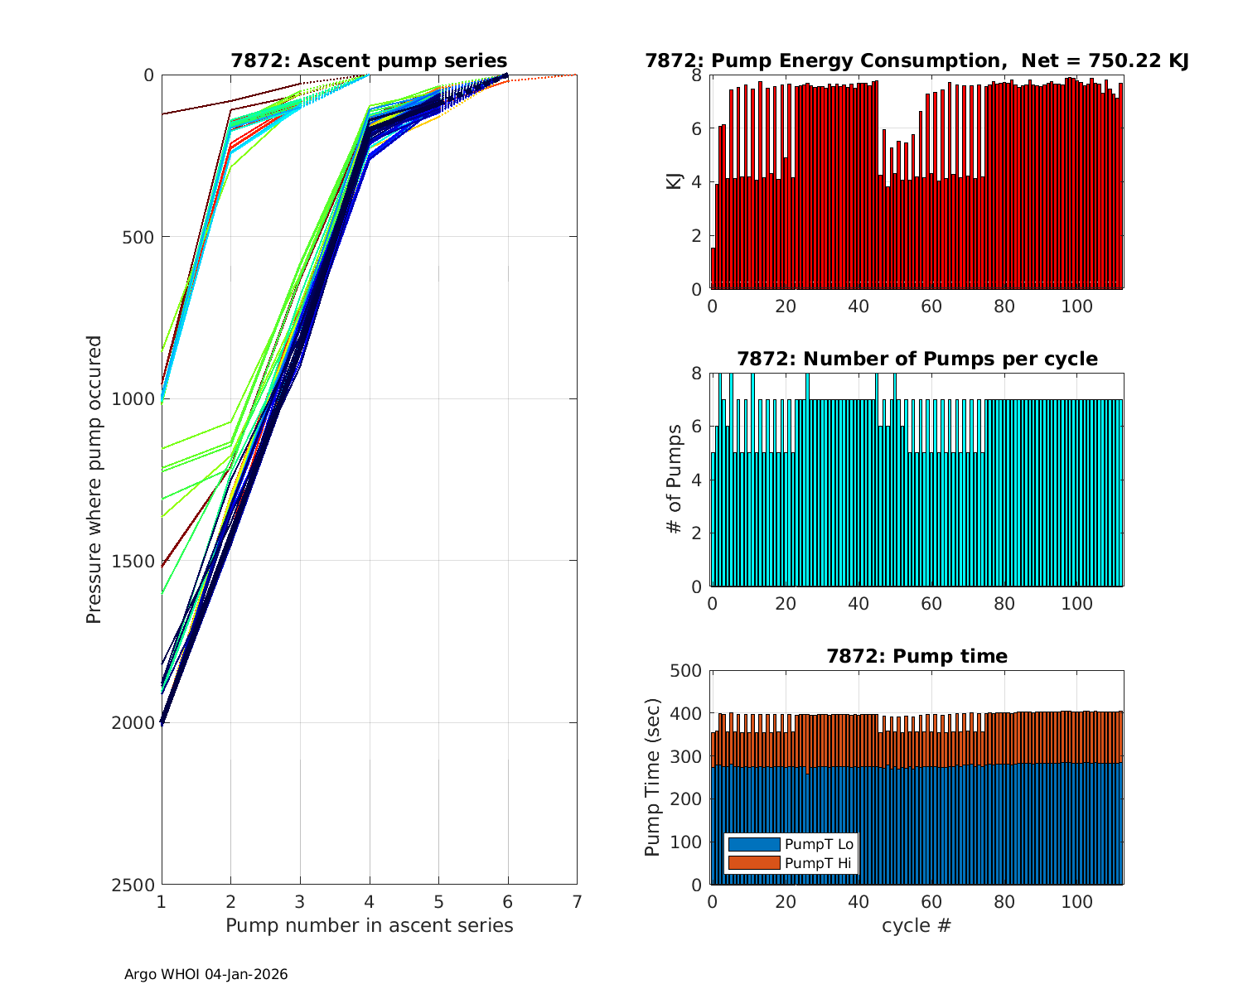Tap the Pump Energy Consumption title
[x=917, y=60]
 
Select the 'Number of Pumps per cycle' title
[x=917, y=359]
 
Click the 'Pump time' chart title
[x=917, y=656]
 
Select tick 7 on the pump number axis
[x=577, y=901]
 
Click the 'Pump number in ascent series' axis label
[x=369, y=925]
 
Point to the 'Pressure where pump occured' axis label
[x=94, y=480]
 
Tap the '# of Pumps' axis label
[x=675, y=480]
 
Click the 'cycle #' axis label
[x=917, y=925]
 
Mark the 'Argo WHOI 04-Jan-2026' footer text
[x=206, y=974]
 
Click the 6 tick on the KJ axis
[x=696, y=128]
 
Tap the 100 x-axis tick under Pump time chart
[x=1077, y=901]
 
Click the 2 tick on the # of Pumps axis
[x=696, y=533]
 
